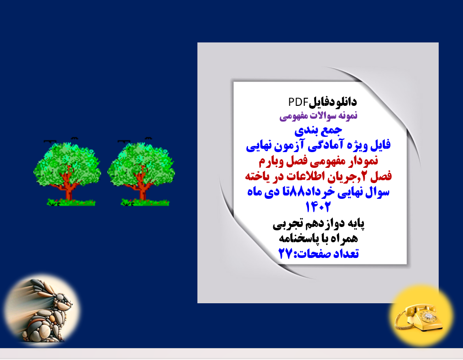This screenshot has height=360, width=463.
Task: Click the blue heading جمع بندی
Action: point(319,129)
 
